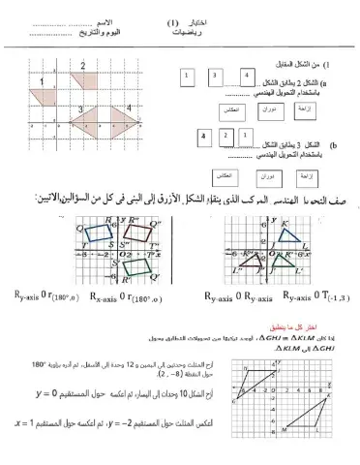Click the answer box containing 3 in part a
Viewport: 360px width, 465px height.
[214, 75]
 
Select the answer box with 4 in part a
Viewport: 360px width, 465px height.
[247, 75]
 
